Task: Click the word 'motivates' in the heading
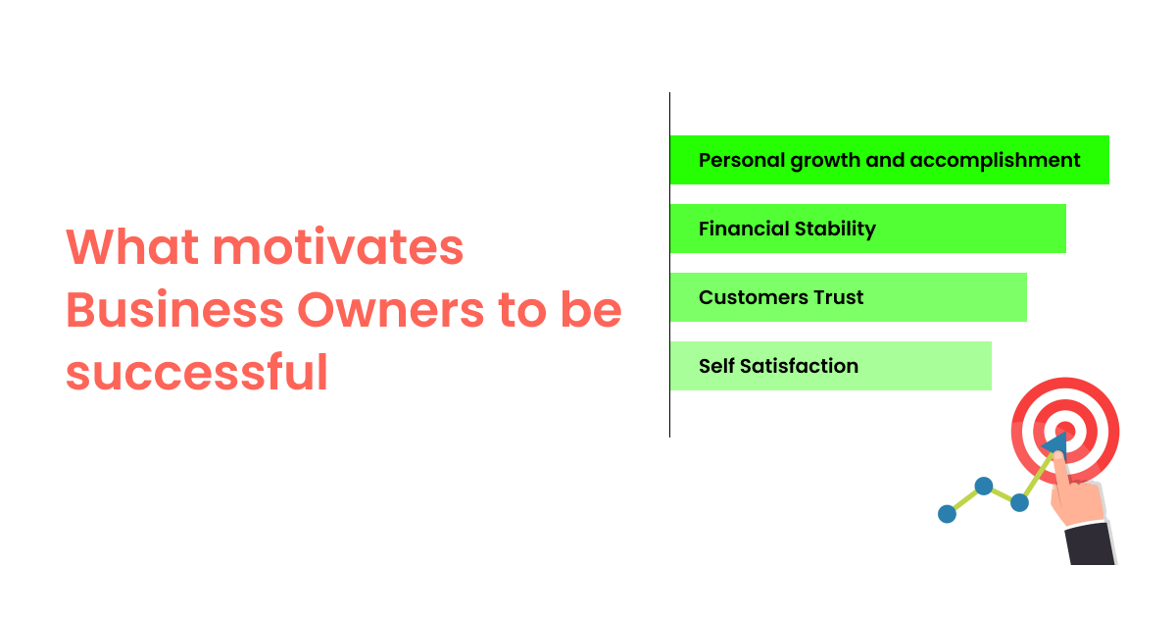pyautogui.click(x=337, y=246)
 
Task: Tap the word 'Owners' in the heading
pyautogui.click(x=391, y=310)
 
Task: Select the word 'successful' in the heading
pyautogui.click(x=197, y=372)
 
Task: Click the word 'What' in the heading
pyautogui.click(x=132, y=246)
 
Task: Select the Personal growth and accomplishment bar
pyautogui.click(x=890, y=160)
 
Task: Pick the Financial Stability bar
pyautogui.click(x=868, y=229)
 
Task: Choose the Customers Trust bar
pyautogui.click(x=849, y=297)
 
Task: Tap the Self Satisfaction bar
pyautogui.click(x=831, y=366)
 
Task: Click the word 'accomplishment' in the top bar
pyautogui.click(x=995, y=161)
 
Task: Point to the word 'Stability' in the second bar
pyautogui.click(x=835, y=230)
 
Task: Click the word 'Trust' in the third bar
pyautogui.click(x=839, y=297)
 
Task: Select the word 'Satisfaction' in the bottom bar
pyautogui.click(x=799, y=366)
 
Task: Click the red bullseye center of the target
pyautogui.click(x=1066, y=431)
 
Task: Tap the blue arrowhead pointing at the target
pyautogui.click(x=1055, y=443)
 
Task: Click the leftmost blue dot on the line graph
pyautogui.click(x=947, y=514)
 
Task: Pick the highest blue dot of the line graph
pyautogui.click(x=984, y=487)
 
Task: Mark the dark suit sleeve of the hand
pyautogui.click(x=1090, y=543)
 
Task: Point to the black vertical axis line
pyautogui.click(x=670, y=265)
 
